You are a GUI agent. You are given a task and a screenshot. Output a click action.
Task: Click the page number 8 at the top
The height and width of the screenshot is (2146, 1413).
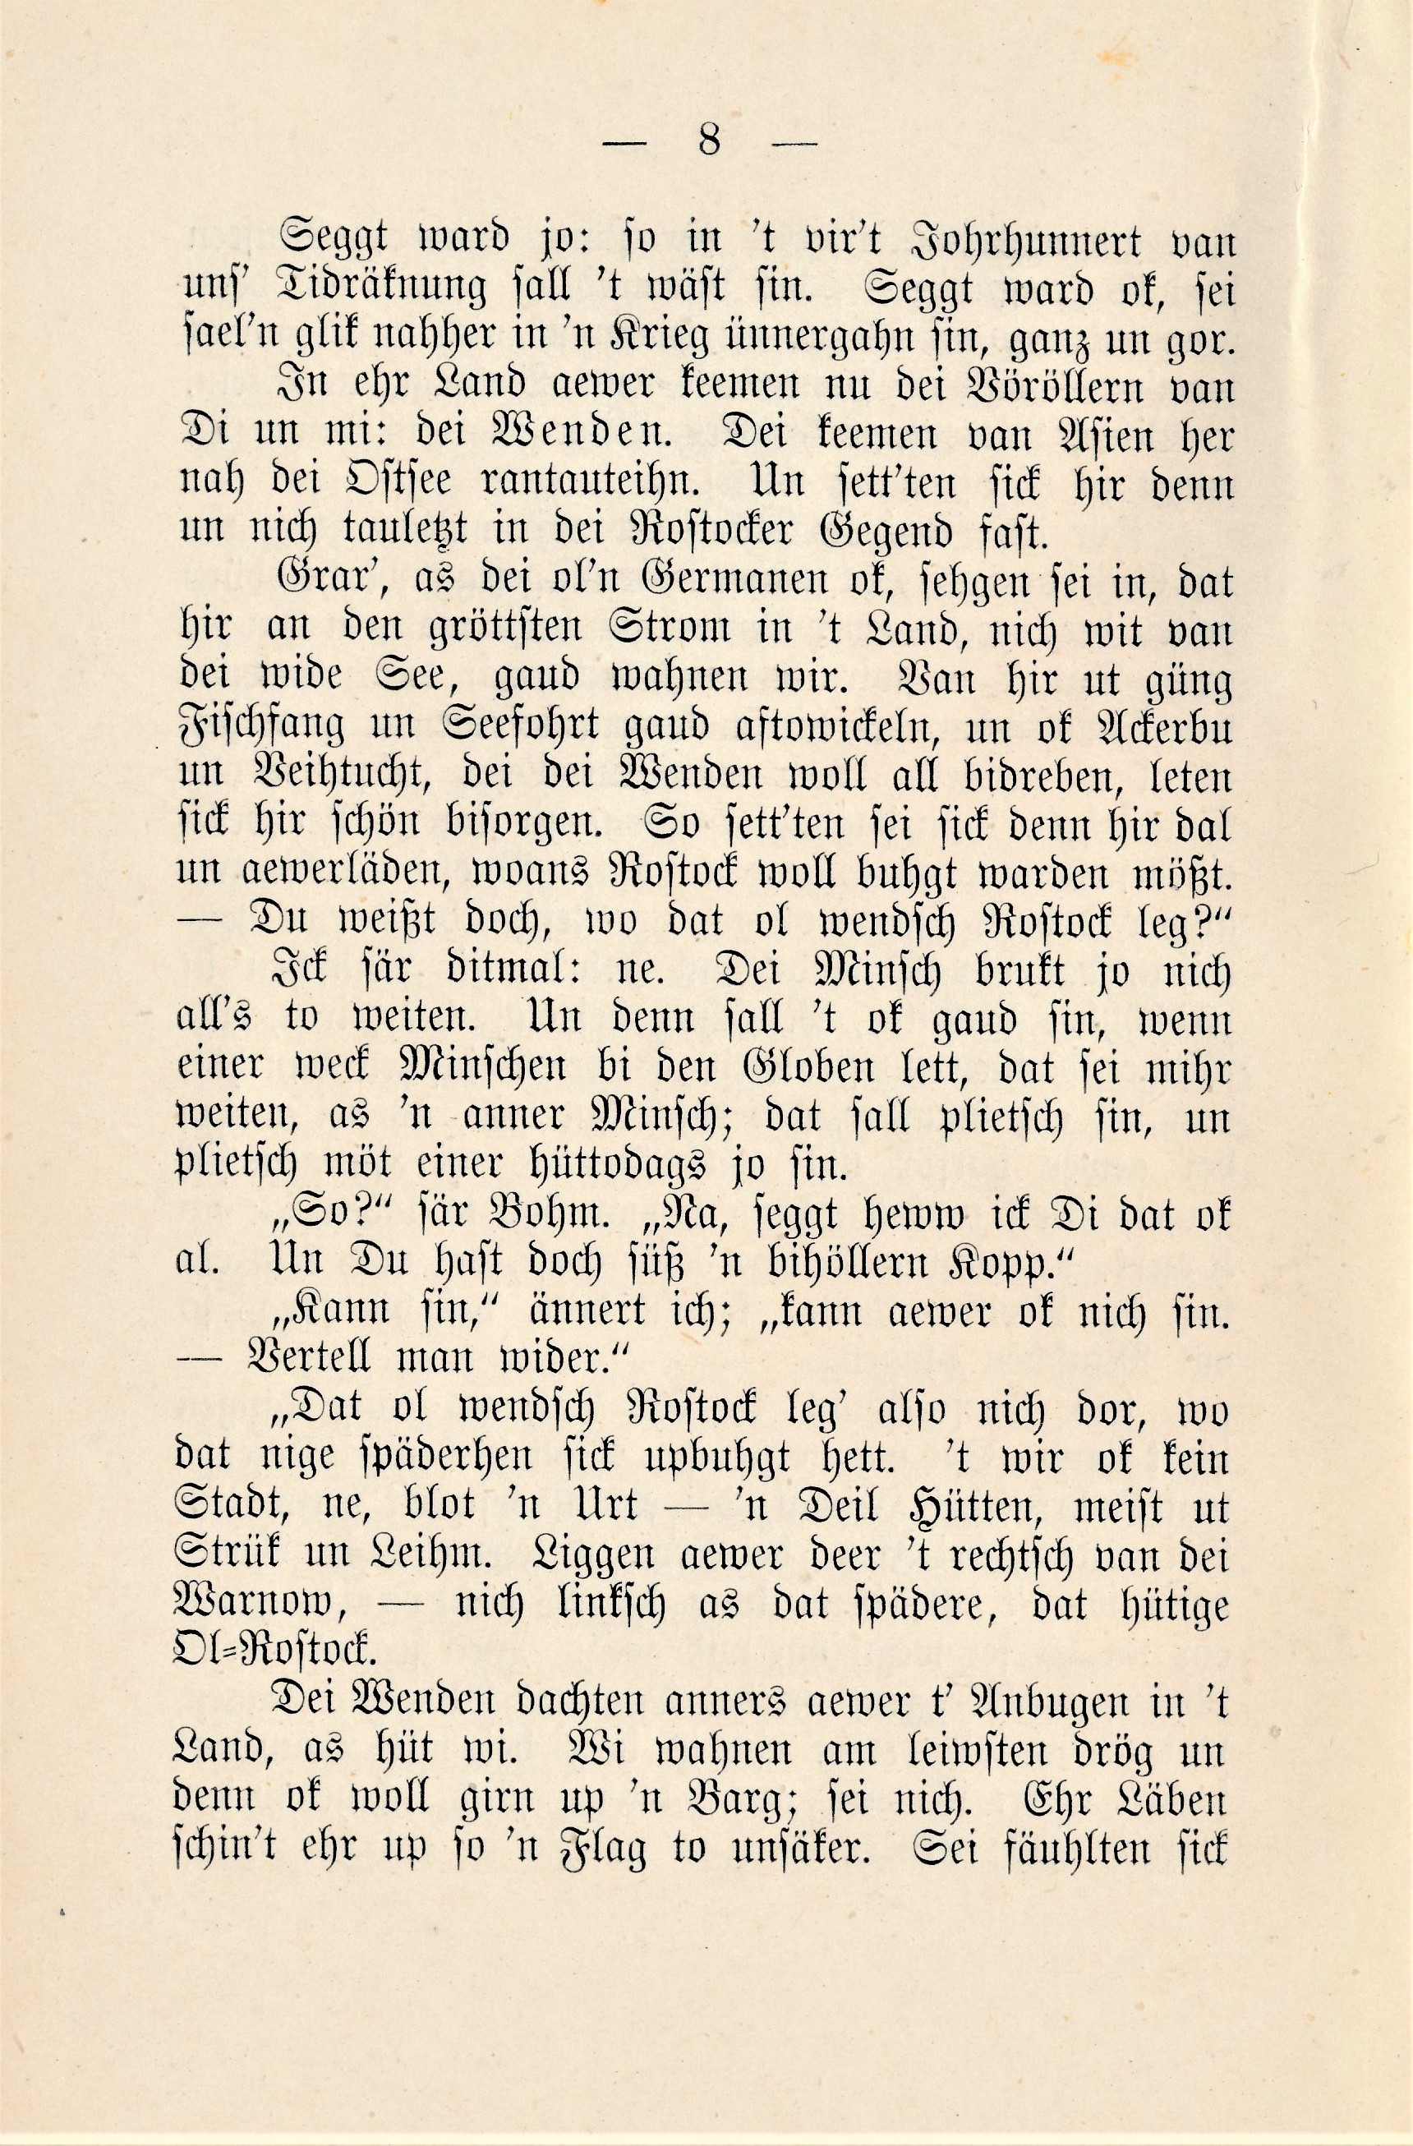pyautogui.click(x=708, y=141)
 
